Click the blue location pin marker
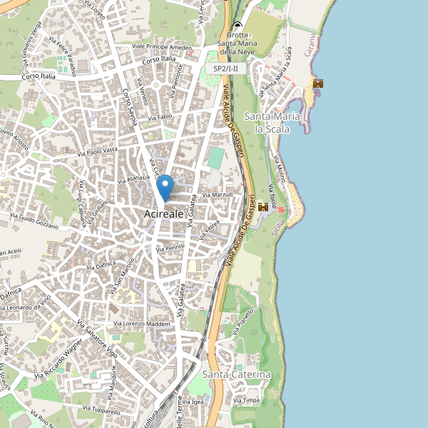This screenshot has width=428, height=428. pyautogui.click(x=165, y=188)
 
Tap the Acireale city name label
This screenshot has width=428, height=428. pyautogui.click(x=163, y=213)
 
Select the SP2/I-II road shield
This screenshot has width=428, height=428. pyautogui.click(x=226, y=68)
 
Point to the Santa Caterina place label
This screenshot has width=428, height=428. pyautogui.click(x=236, y=374)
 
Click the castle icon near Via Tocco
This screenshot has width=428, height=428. pyautogui.click(x=263, y=207)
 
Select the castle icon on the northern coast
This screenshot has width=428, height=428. pyautogui.click(x=317, y=83)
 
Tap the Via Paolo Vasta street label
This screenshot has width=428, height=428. pyautogui.click(x=98, y=151)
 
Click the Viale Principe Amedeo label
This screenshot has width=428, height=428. pyautogui.click(x=162, y=47)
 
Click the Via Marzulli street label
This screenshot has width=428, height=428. pyautogui.click(x=218, y=194)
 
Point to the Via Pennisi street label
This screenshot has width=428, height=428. pyautogui.click(x=170, y=247)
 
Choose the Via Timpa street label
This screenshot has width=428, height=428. pyautogui.click(x=247, y=400)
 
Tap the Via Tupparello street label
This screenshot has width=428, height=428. pyautogui.click(x=101, y=409)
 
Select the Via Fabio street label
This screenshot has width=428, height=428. pyautogui.click(x=160, y=117)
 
